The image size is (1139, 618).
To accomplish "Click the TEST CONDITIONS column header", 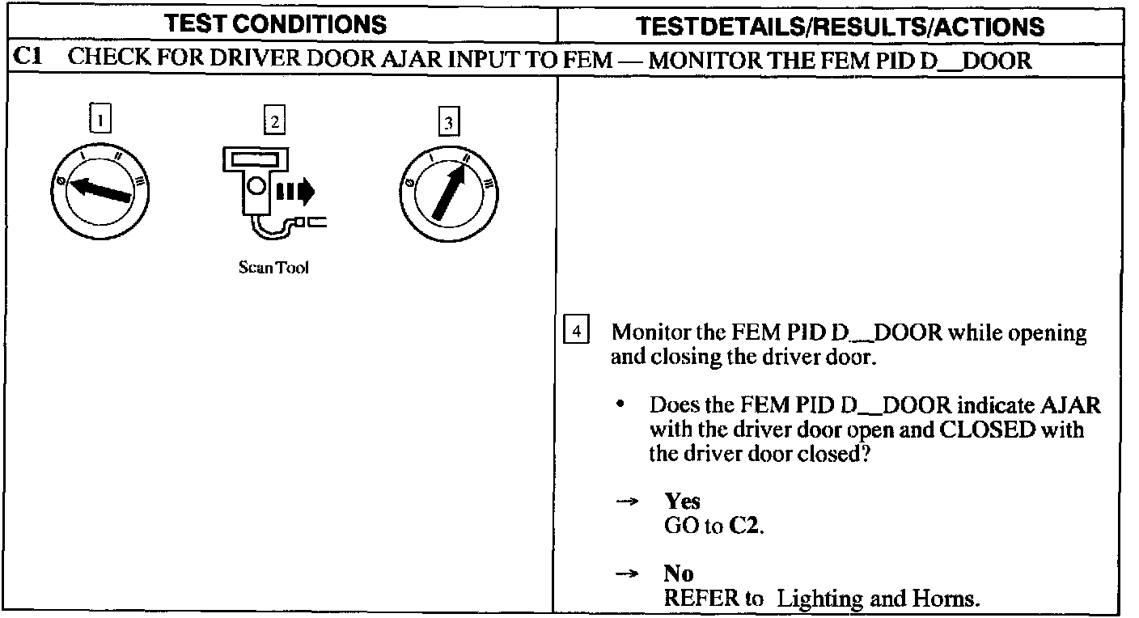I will pos(275,24).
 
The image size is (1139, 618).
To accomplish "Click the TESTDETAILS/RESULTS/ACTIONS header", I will pos(840,26).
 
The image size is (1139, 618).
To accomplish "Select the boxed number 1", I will pos(100,121).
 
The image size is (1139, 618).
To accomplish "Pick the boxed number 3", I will pos(447,123).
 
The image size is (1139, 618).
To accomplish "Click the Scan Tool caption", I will pos(273,268).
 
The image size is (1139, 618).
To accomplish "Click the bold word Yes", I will pos(682,502).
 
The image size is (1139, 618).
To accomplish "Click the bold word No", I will pos(679,574).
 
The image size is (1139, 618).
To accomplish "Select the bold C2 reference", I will pos(745,526).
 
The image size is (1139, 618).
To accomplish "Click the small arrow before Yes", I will pos(628,502).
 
